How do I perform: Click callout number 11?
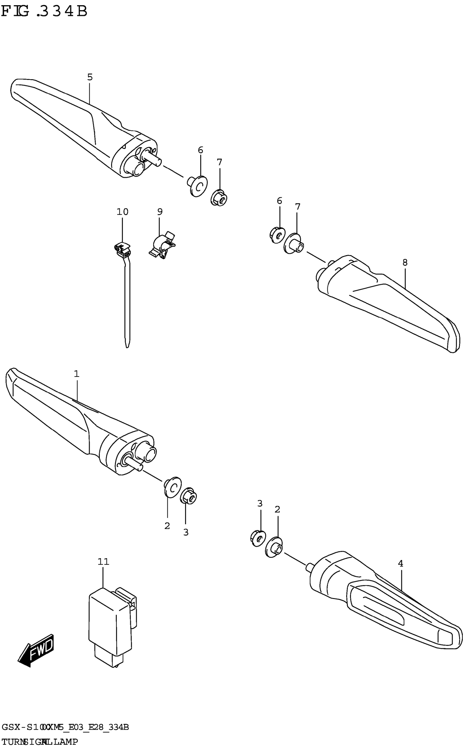pyautogui.click(x=103, y=562)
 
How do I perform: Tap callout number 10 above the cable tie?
pyautogui.click(x=122, y=212)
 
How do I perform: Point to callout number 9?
pyautogui.click(x=160, y=212)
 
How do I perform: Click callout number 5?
pyautogui.click(x=90, y=77)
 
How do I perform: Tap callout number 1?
pyautogui.click(x=77, y=374)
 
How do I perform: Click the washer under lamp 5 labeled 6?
pyautogui.click(x=198, y=185)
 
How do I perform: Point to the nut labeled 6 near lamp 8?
pyautogui.click(x=278, y=235)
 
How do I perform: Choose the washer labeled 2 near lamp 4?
pyautogui.click(x=274, y=547)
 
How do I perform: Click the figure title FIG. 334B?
pyautogui.click(x=44, y=12)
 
